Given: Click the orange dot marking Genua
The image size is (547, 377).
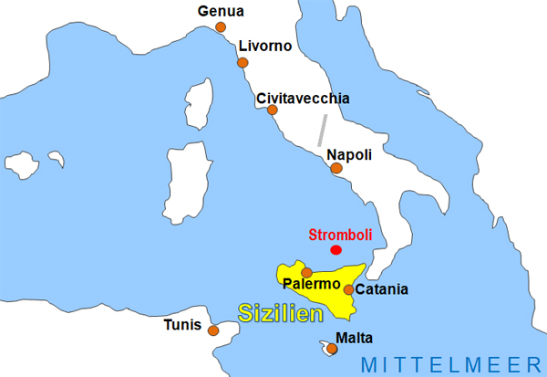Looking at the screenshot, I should (x=221, y=27).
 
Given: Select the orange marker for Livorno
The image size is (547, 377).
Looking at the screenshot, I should (x=243, y=63).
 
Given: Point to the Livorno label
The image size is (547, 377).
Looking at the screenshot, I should (x=264, y=46).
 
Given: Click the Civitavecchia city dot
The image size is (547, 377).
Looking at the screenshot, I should (x=272, y=110).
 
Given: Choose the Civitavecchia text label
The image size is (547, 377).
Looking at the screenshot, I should (x=303, y=98).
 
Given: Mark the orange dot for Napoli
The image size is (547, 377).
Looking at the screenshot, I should (x=336, y=168).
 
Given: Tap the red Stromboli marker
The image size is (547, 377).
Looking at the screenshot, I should (x=336, y=249).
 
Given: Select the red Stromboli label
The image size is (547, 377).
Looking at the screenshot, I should (x=339, y=233).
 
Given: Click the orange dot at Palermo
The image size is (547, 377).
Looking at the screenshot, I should (x=307, y=272).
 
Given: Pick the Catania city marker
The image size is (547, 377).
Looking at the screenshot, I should (x=349, y=289).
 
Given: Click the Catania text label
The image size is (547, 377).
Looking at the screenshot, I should (x=382, y=290).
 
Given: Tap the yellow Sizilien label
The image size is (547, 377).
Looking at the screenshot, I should (x=282, y=314).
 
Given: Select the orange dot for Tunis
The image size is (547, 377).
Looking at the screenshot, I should (x=214, y=330).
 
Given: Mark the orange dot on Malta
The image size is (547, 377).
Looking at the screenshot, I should (x=329, y=347).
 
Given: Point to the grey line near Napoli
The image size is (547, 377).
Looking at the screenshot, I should (x=321, y=131).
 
